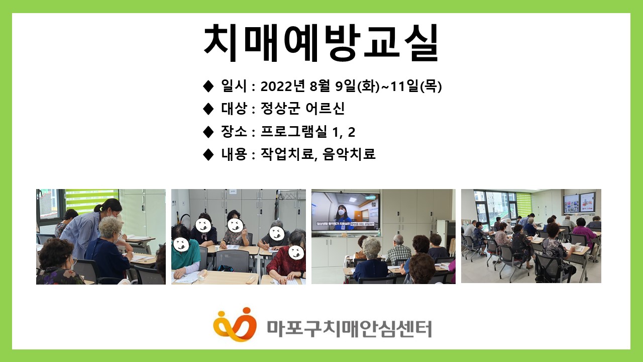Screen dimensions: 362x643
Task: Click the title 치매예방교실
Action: coord(321,42)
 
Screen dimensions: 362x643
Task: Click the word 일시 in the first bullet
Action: coord(234,86)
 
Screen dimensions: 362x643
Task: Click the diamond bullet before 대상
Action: coord(208,109)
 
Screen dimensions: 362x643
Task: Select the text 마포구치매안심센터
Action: coord(349,327)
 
